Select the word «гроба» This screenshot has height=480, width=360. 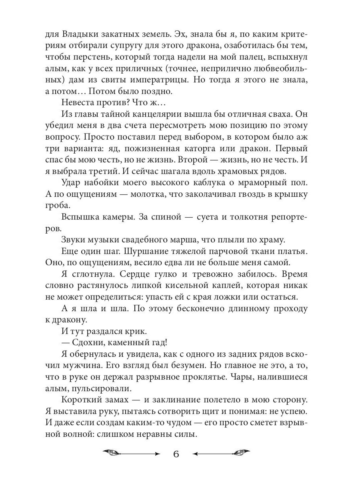click(x=56, y=206)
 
